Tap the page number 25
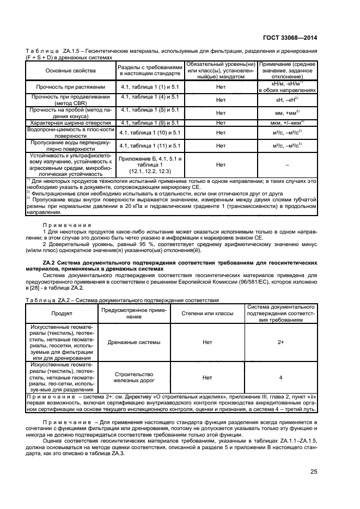(314, 471)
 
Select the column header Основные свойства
(70, 71)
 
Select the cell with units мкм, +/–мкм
(286, 123)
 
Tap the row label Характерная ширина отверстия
(70, 123)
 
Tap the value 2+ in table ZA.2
(280, 342)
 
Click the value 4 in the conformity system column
(280, 377)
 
